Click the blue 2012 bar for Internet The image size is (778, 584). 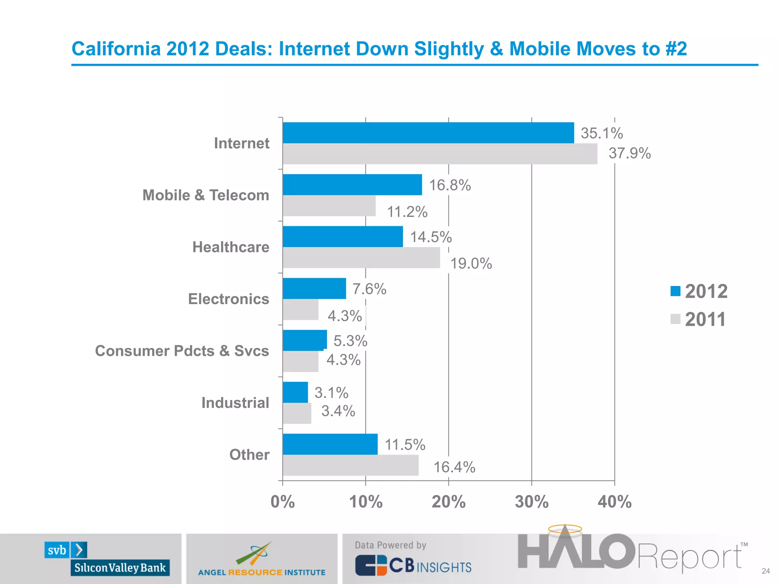coord(428,133)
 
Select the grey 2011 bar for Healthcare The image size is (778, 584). coord(361,258)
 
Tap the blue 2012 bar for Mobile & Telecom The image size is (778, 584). coord(352,185)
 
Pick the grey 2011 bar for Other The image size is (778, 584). coord(350,465)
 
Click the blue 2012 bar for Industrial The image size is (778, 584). coord(295,392)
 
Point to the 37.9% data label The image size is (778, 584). coord(629,154)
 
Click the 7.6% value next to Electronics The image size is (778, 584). coord(369,289)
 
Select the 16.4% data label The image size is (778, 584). coord(454,467)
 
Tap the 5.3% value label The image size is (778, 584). coord(350,341)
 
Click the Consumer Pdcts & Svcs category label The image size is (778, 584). coord(182,351)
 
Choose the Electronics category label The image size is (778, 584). coord(229,299)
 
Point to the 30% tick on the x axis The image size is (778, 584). coord(531,502)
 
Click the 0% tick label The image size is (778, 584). coord(282,502)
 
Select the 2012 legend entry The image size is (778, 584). coord(699,292)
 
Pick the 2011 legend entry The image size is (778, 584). coord(698,319)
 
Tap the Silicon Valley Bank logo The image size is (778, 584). coord(107,559)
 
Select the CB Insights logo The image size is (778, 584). coord(413,565)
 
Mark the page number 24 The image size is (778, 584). coord(765,571)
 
